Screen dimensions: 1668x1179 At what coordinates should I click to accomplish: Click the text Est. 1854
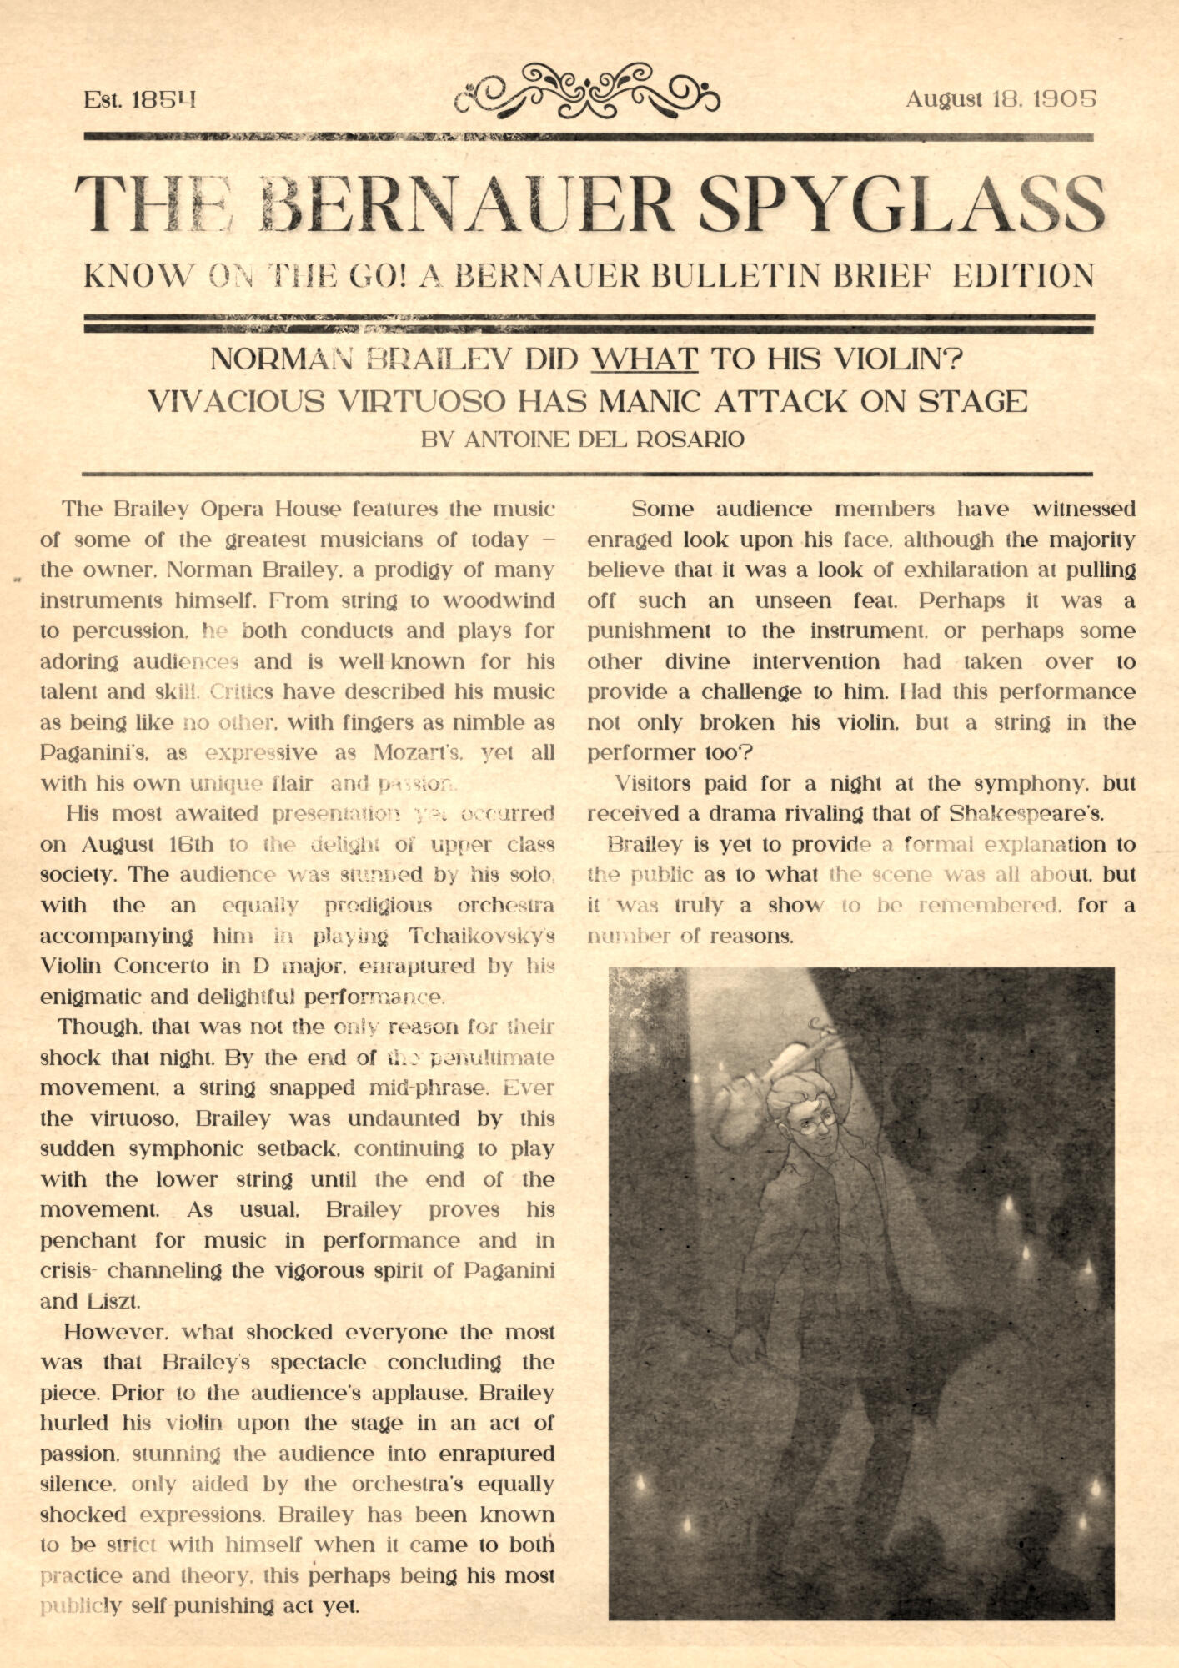point(139,100)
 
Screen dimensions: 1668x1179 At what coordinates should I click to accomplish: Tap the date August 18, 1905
point(1001,99)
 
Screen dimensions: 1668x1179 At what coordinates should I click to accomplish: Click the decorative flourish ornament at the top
point(587,90)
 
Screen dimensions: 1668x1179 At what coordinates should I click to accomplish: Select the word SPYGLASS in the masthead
point(901,205)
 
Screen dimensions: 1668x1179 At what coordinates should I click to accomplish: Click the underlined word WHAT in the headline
point(644,359)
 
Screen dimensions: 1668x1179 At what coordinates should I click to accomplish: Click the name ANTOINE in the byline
point(515,440)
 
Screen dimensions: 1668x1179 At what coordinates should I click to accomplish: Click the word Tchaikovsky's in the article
point(481,937)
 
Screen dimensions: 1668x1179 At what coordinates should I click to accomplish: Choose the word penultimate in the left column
point(492,1058)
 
